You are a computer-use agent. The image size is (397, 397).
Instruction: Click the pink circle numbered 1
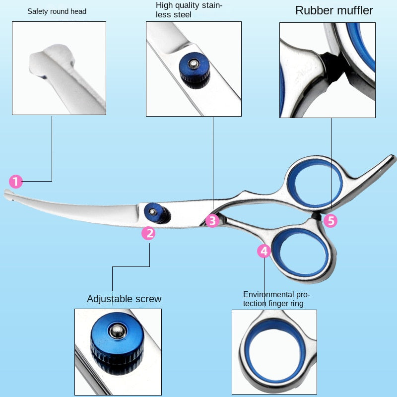pyautogui.click(x=16, y=182)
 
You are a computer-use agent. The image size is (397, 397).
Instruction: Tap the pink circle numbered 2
pyautogui.click(x=148, y=233)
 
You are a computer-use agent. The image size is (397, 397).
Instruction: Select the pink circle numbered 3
pyautogui.click(x=212, y=221)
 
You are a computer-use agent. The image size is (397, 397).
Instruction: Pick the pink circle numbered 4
pyautogui.click(x=264, y=251)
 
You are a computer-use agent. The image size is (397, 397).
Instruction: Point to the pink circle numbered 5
pyautogui.click(x=331, y=221)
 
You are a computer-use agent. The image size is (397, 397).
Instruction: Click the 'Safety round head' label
pyautogui.click(x=57, y=11)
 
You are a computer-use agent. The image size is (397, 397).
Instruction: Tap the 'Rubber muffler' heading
pyautogui.click(x=334, y=10)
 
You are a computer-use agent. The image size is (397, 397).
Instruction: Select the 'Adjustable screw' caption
pyautogui.click(x=124, y=299)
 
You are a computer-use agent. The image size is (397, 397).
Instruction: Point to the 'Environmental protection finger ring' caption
pyautogui.click(x=276, y=299)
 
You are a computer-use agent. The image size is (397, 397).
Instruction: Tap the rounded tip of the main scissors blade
pyautogui.click(x=8, y=194)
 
